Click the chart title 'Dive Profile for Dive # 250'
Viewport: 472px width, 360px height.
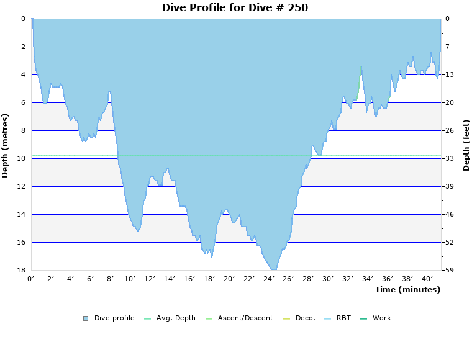click(x=235, y=8)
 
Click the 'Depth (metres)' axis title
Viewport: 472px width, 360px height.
click(x=6, y=145)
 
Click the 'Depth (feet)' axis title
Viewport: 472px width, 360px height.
click(x=466, y=145)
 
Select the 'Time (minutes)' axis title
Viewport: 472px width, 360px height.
click(x=407, y=289)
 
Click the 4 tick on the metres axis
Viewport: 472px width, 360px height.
click(x=22, y=74)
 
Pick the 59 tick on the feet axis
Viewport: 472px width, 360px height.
click(x=449, y=270)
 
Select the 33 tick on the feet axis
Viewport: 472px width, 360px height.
click(x=449, y=158)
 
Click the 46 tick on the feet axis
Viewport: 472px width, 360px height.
click(x=449, y=214)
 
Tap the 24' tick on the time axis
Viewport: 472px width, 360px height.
click(x=269, y=279)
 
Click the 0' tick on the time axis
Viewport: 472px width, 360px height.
click(x=31, y=279)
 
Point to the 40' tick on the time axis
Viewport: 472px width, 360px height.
click(x=428, y=279)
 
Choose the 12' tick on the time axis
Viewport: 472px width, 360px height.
click(x=150, y=279)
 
